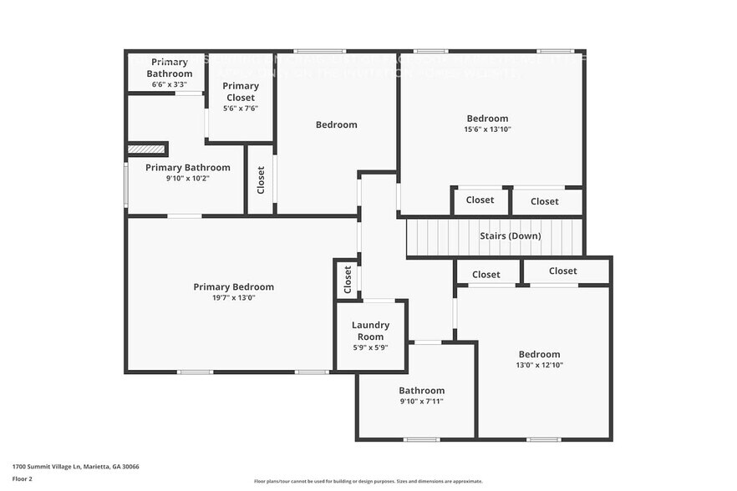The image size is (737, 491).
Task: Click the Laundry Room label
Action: click(x=370, y=331)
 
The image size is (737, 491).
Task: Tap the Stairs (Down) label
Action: click(x=510, y=236)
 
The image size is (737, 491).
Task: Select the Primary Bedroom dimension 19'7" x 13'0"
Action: click(x=233, y=298)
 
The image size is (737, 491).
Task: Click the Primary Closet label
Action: click(x=241, y=91)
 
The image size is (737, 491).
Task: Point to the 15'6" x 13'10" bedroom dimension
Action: click(x=487, y=129)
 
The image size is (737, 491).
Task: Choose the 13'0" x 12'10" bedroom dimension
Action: click(x=539, y=365)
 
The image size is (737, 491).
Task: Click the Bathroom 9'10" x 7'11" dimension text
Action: click(x=421, y=402)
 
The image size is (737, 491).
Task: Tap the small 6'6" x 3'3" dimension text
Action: click(x=169, y=84)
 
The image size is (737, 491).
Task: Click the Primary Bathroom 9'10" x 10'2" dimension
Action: click(x=187, y=178)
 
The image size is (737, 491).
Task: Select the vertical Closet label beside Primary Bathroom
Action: click(x=261, y=180)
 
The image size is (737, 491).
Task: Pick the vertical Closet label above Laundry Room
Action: click(x=348, y=280)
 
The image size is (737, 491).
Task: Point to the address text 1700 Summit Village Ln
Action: click(x=75, y=467)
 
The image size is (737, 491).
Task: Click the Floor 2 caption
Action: click(x=22, y=479)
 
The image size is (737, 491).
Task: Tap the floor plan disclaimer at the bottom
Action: click(x=368, y=481)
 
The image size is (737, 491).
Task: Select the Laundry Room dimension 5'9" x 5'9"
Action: click(x=370, y=347)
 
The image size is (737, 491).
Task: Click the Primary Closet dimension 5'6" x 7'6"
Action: click(x=241, y=108)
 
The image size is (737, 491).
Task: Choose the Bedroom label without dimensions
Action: click(x=336, y=125)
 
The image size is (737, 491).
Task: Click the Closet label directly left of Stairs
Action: click(x=480, y=200)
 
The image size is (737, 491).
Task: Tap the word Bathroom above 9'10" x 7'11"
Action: click(x=421, y=391)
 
